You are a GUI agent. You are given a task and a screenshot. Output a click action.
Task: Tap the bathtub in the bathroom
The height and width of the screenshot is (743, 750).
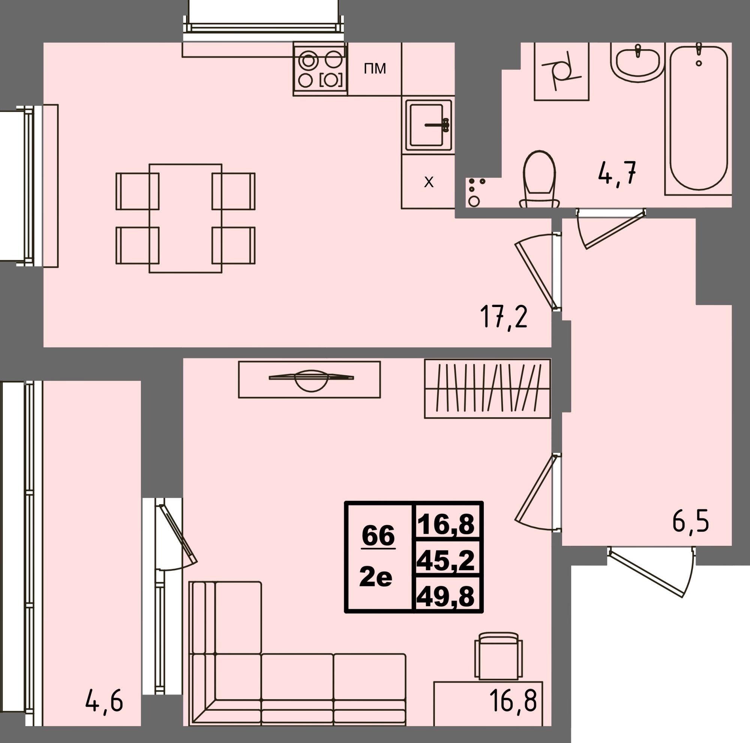(x=698, y=118)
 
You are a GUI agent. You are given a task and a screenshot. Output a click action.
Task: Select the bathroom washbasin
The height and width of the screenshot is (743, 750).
(x=637, y=62)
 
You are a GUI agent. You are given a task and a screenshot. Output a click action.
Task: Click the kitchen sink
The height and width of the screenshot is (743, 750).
(x=429, y=125)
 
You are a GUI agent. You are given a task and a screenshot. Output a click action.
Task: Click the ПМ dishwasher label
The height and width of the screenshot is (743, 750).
(x=375, y=69)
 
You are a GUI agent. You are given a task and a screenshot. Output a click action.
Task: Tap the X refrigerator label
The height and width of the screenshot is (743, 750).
(x=429, y=182)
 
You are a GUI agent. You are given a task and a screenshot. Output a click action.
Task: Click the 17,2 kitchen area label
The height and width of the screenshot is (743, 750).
(x=504, y=316)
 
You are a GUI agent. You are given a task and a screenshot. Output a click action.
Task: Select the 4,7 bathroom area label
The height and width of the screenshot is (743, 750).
(x=617, y=173)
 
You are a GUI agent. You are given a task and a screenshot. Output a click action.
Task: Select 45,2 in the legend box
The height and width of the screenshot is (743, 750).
(x=445, y=561)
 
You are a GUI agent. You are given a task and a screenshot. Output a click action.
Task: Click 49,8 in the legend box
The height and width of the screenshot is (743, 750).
(x=445, y=596)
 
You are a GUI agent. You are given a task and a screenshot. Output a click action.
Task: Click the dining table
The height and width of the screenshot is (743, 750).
(x=186, y=218)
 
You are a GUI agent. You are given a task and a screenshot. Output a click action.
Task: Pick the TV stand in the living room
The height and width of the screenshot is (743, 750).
(x=309, y=379)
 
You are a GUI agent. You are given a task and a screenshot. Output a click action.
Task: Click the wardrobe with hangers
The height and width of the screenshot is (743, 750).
(x=487, y=388)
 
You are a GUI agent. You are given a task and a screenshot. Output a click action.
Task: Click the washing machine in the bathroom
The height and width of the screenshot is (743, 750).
(x=562, y=71)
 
